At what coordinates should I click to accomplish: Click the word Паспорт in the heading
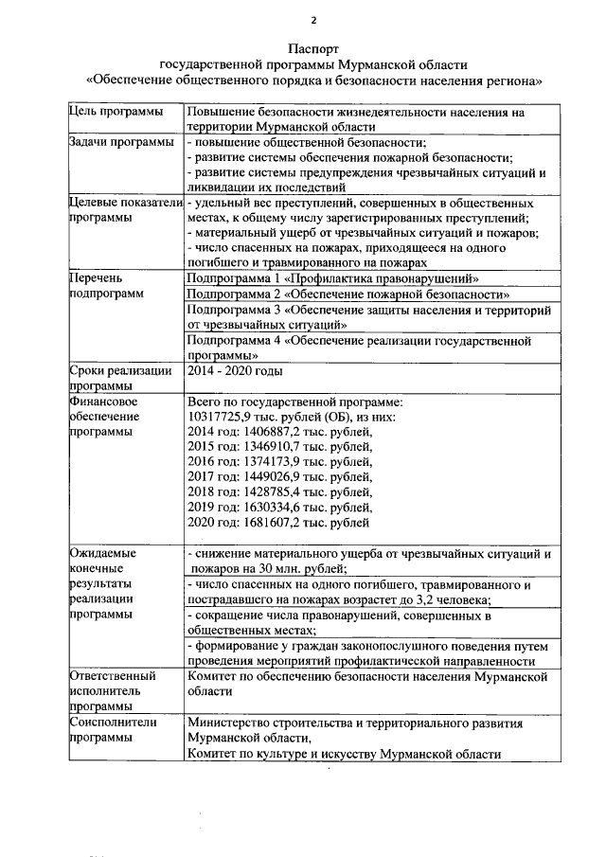(312, 48)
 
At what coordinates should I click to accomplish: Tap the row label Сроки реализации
(120, 370)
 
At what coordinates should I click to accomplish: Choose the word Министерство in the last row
(230, 723)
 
